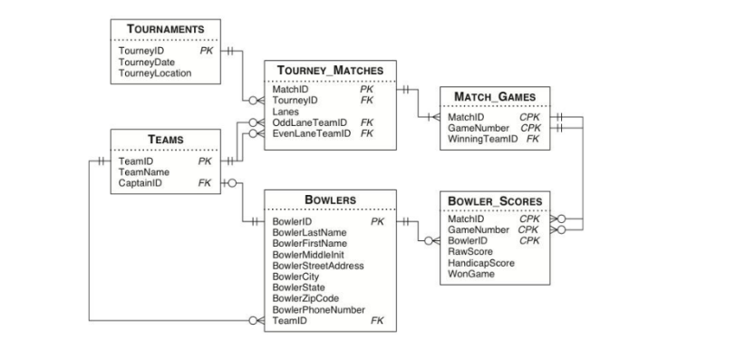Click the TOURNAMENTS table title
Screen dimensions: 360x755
(x=164, y=30)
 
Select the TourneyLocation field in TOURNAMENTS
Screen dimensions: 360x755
(x=155, y=73)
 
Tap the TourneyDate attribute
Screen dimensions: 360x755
(x=144, y=63)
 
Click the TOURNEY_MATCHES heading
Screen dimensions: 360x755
(x=330, y=70)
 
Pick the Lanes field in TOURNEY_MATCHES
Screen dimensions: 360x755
(x=286, y=112)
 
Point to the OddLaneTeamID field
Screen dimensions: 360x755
(x=310, y=122)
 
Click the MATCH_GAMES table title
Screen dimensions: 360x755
(x=494, y=96)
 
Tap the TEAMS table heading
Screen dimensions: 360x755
(x=165, y=139)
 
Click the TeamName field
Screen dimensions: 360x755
(x=144, y=171)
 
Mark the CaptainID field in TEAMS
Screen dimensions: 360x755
(x=140, y=182)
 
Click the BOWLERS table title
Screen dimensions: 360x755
(x=330, y=199)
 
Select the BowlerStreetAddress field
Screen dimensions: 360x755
(x=318, y=266)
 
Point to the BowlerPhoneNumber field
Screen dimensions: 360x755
(x=318, y=309)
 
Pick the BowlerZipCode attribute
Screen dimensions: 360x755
(x=306, y=298)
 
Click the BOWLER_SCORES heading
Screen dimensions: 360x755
(x=494, y=200)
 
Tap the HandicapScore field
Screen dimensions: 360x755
(x=480, y=262)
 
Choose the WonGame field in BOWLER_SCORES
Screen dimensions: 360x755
(x=470, y=273)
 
